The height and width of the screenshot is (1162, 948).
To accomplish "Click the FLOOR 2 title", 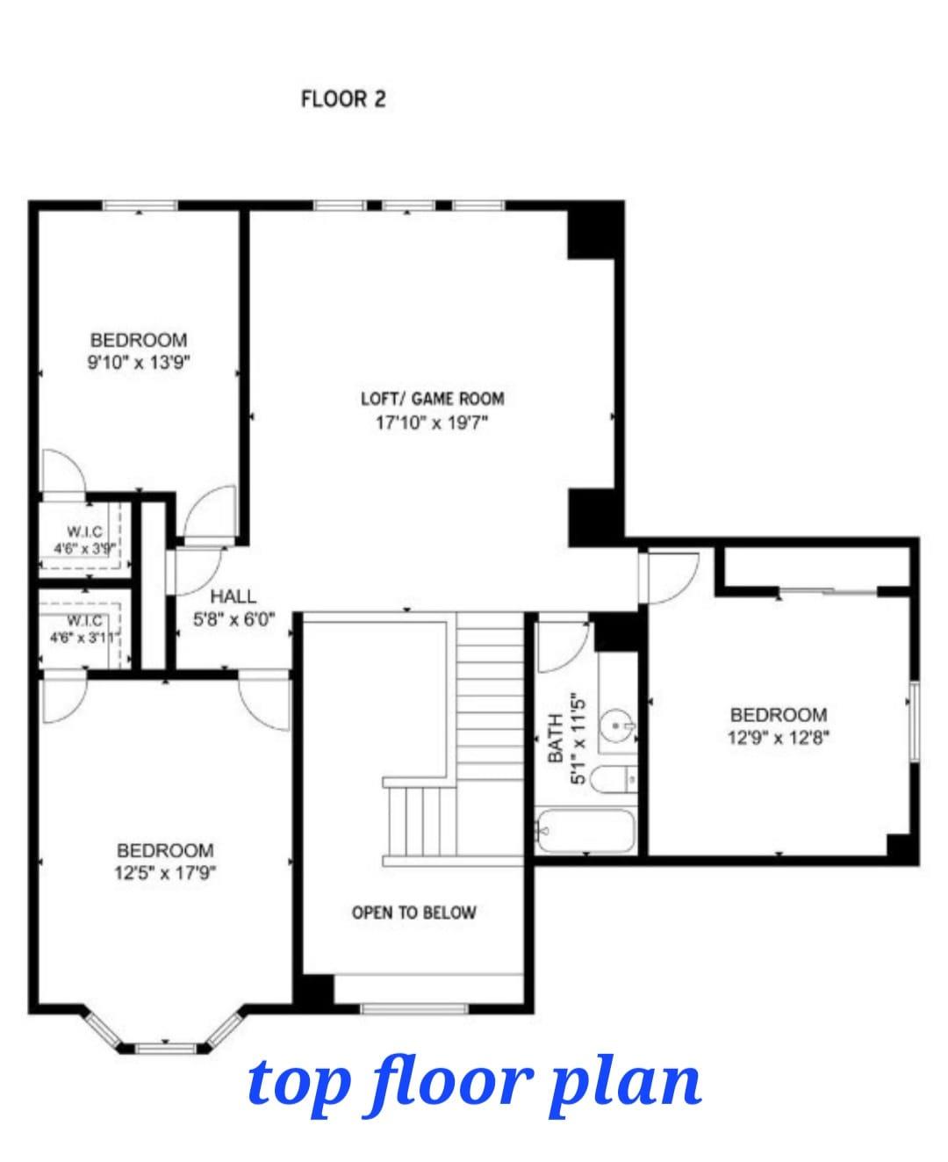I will point(342,98).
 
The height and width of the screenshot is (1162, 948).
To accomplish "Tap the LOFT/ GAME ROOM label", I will point(432,398).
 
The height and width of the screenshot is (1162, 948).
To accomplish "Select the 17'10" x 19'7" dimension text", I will point(431,422).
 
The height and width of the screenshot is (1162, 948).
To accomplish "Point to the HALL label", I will point(233,597).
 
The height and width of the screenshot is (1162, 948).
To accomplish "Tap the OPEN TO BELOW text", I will point(413,913).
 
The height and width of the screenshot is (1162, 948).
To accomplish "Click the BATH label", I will point(555,737).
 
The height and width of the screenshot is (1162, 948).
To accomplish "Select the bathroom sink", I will point(619,726).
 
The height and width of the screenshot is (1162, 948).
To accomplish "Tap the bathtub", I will point(585,830).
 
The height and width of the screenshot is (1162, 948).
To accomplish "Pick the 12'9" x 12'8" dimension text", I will point(778,738).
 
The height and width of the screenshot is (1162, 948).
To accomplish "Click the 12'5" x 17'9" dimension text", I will point(165,873).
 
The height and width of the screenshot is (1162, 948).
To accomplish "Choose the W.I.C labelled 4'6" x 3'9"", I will point(85,539).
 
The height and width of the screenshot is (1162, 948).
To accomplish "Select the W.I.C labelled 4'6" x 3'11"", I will point(85,629).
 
